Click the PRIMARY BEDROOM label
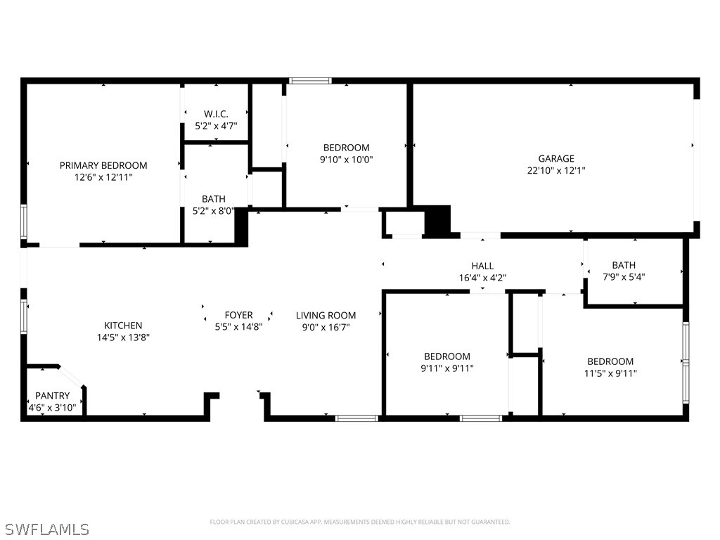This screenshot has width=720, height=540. click(103, 165)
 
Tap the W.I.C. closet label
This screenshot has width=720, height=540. click(216, 114)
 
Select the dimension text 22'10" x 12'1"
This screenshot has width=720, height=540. click(556, 170)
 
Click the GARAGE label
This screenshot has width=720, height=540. click(556, 159)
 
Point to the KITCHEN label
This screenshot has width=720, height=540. click(123, 326)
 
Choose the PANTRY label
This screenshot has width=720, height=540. click(53, 396)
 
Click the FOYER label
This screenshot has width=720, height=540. click(238, 316)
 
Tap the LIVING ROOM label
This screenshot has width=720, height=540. click(326, 316)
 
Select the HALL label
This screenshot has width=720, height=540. click(482, 266)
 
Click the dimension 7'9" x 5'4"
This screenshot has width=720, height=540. click(623, 276)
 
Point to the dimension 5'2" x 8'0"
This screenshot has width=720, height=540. click(214, 210)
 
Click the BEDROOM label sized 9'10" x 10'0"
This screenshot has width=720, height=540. click(346, 148)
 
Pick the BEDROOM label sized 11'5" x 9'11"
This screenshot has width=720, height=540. click(610, 361)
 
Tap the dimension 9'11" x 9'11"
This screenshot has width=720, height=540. click(447, 368)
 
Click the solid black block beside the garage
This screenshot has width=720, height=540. click(437, 220)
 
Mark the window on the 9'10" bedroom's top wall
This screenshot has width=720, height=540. click(310, 81)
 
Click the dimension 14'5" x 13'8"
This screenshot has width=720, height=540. click(123, 337)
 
